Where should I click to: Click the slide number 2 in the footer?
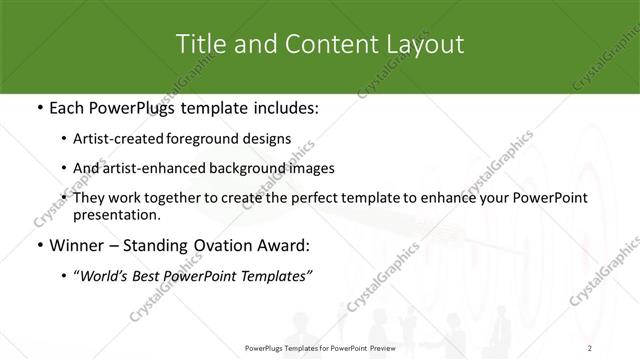(x=590, y=347)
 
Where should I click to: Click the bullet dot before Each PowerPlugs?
(x=38, y=109)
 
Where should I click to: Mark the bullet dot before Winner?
(x=38, y=244)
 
